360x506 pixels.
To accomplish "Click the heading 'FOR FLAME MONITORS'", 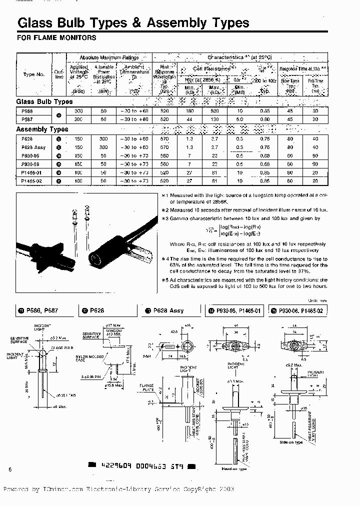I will point(49,37).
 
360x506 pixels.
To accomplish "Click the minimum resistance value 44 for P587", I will point(190,119).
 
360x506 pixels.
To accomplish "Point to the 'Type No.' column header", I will point(33,74).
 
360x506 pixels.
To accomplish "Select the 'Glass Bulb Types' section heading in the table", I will point(45,101).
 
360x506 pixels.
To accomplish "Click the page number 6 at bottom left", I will point(10,468).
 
